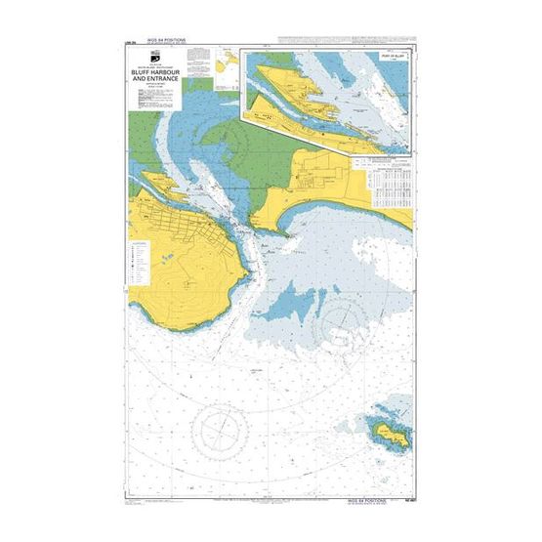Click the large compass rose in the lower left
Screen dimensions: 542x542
226,428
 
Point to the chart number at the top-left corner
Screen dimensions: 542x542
130,41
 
